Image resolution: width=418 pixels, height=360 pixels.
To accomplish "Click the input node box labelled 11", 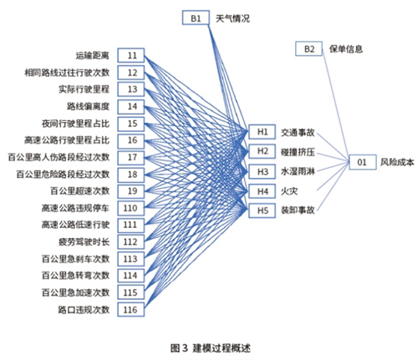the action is coord(130,55).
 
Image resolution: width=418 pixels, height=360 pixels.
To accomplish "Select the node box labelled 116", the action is coord(130,309).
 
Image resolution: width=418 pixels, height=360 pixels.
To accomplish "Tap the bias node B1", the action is coord(196,18).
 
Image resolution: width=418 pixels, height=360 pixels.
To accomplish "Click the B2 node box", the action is coord(308,49).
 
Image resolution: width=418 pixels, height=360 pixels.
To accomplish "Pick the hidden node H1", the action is coord(262,132).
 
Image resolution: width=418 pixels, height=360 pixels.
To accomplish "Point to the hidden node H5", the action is coord(262,210).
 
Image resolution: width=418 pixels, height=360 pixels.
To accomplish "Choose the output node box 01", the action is coord(363,162).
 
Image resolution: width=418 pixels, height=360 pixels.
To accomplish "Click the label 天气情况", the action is coord(232,18).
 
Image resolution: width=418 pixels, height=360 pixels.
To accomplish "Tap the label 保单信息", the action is coord(346,49).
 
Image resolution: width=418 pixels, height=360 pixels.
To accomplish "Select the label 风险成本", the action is coord(397,162).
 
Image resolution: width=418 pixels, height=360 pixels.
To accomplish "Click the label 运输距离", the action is coord(92,55).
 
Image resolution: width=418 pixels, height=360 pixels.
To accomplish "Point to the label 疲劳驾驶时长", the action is coord(84,242).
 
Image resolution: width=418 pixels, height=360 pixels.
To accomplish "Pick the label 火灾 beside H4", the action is coord(289,191).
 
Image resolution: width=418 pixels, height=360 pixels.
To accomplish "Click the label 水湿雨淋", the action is coord(298,171).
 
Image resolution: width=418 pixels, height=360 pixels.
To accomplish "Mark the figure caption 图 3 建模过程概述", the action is coord(211,347).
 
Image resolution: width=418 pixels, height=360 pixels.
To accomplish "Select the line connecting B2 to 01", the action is coord(336,106).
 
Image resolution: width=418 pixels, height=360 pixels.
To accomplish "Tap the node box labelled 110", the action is coord(130,208).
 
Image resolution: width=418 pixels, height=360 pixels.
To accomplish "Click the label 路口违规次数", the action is coord(84,310).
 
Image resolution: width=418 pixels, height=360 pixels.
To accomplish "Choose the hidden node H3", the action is coord(262,171).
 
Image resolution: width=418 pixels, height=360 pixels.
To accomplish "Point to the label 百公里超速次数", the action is coord(79,191).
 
